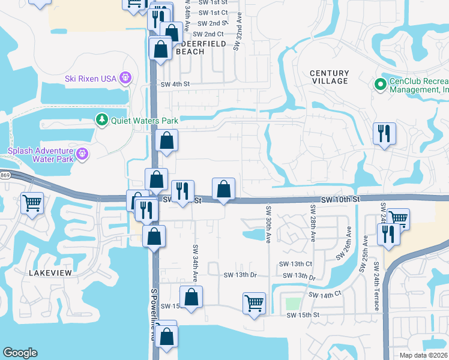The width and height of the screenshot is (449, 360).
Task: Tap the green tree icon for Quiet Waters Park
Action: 102,120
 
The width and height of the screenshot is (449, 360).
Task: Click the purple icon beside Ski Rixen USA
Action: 125,77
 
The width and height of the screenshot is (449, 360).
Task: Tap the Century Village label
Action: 329,77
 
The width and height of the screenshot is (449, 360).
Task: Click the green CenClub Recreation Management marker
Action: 379,85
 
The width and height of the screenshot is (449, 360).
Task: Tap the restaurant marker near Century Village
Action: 384,134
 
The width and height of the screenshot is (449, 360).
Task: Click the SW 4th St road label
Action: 175,85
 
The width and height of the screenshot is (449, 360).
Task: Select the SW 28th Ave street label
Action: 313,223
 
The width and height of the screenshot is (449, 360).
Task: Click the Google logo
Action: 20,353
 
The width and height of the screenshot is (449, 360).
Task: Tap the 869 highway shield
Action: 5,175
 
